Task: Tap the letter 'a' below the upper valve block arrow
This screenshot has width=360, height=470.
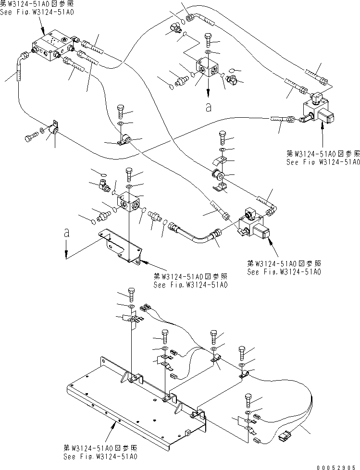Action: pos(208,108)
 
